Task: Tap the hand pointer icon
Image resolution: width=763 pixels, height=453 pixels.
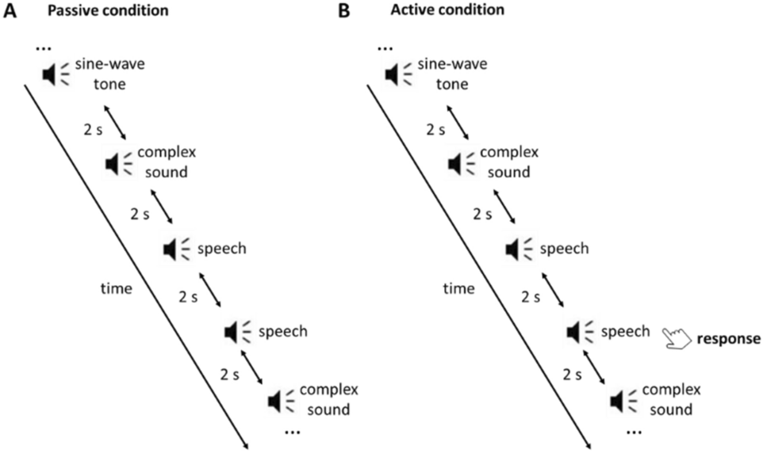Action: tap(676, 338)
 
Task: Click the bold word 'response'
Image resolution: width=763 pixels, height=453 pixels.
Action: tap(729, 339)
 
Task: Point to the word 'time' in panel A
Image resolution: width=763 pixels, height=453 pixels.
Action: tap(116, 290)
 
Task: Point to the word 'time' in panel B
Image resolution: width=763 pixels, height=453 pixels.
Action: tap(460, 290)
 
